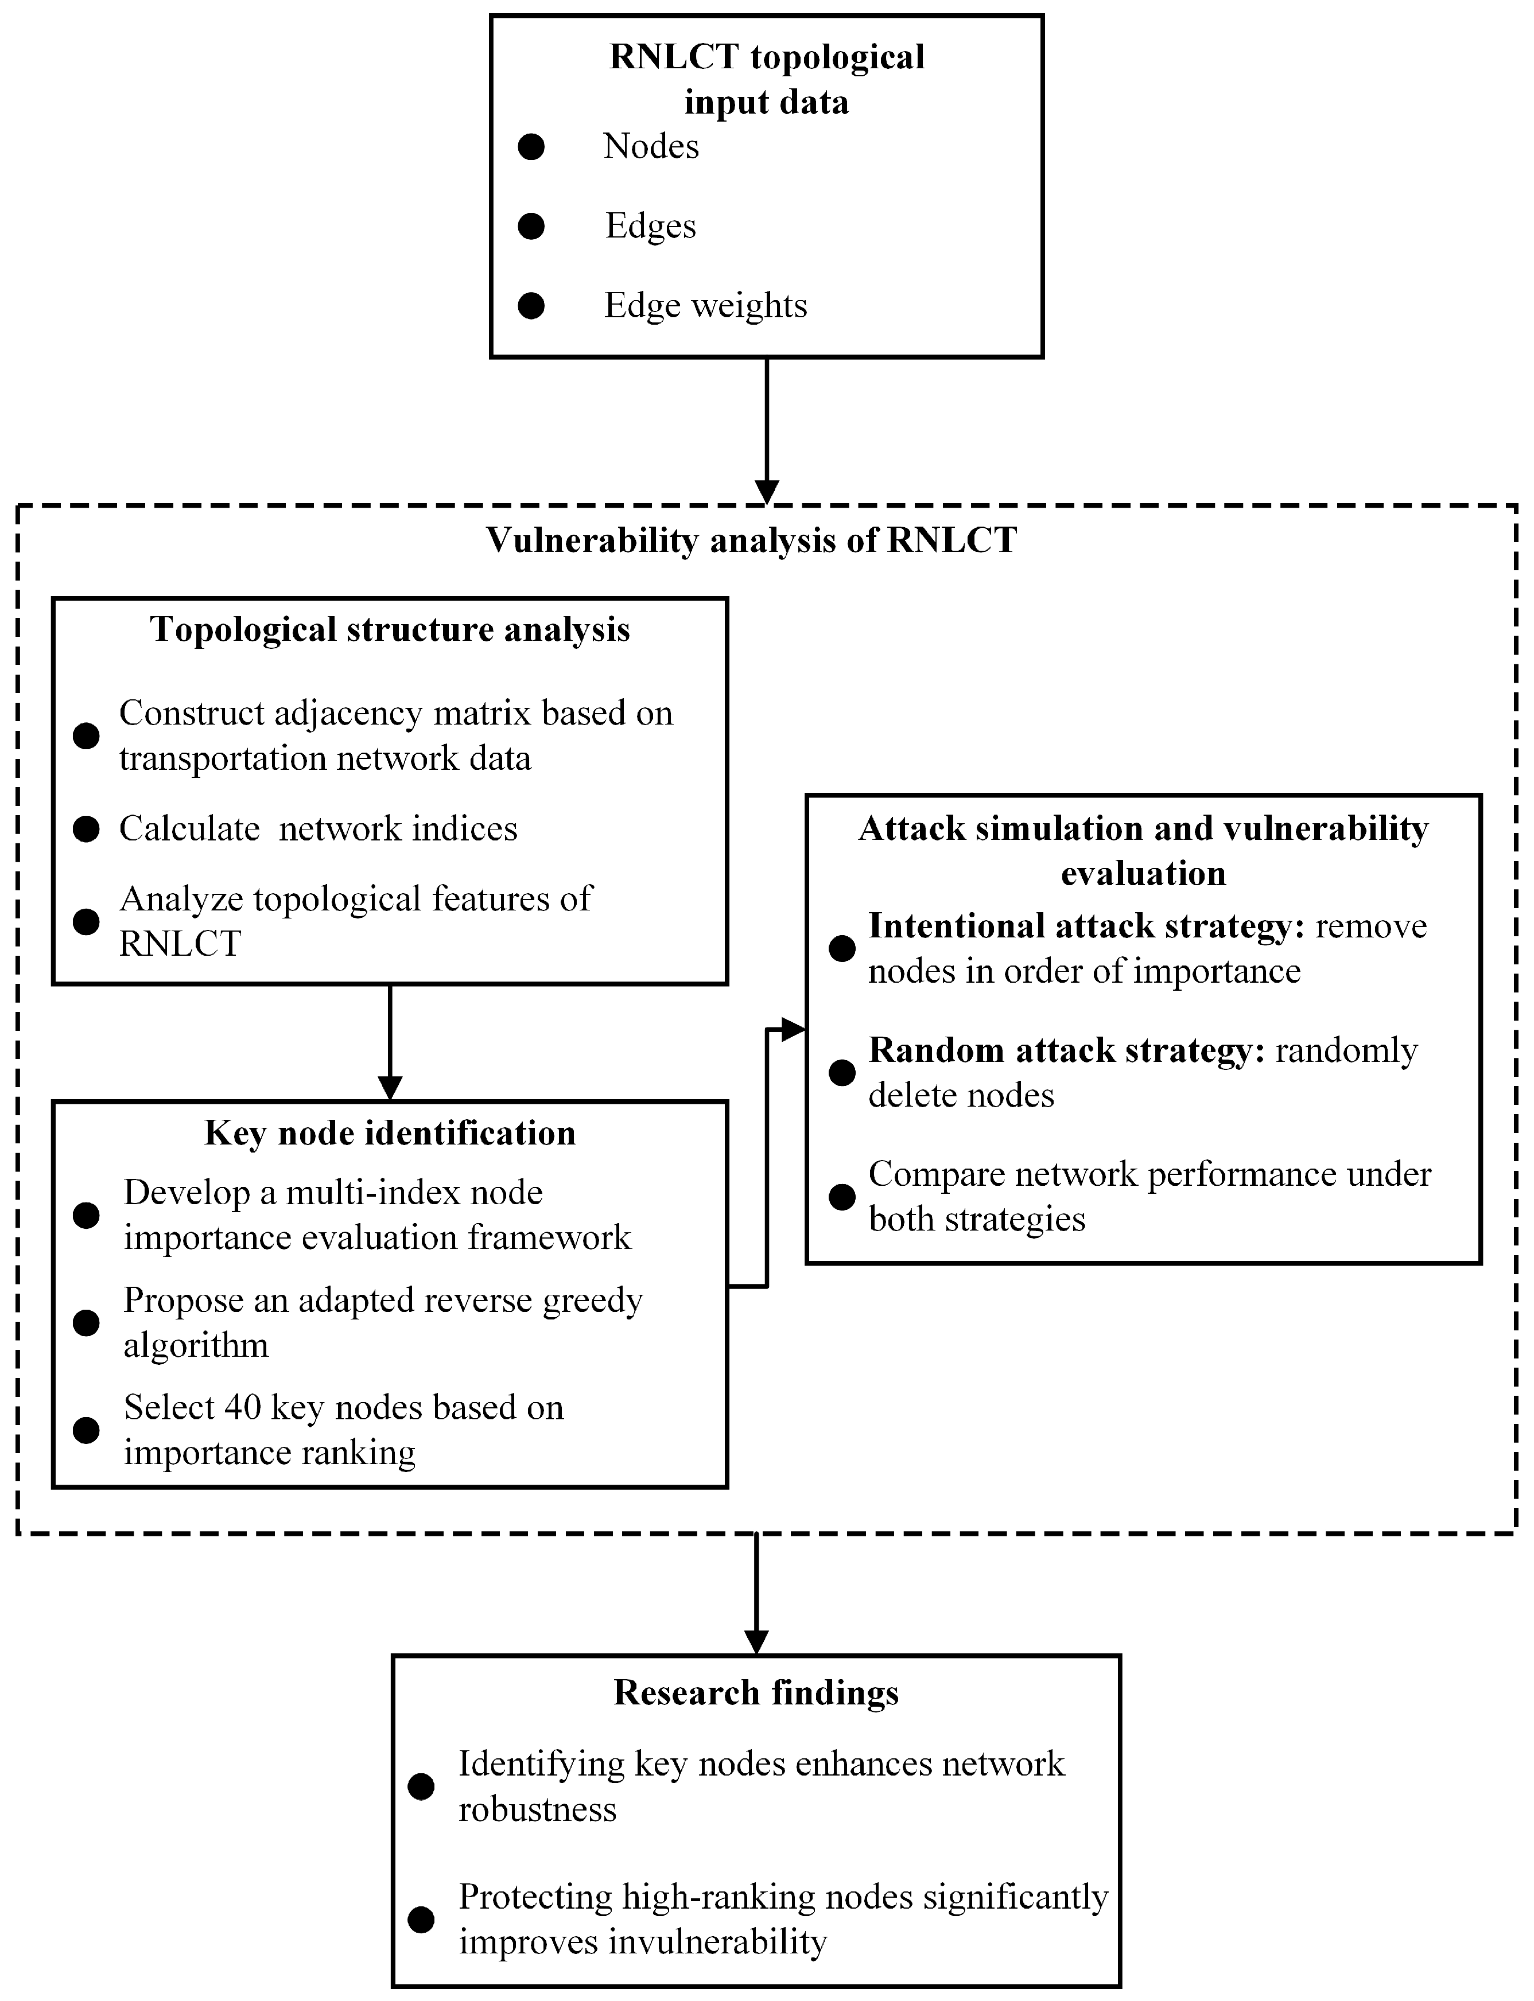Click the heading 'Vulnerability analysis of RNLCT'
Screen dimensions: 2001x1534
click(751, 540)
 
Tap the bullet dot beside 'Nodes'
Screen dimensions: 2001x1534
click(530, 147)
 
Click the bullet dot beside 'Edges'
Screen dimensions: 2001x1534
click(530, 227)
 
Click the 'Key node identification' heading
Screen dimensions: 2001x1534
click(390, 1134)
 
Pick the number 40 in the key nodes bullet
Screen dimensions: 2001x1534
click(243, 1408)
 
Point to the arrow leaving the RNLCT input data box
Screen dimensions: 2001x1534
click(766, 429)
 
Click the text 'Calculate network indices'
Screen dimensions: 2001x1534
click(318, 829)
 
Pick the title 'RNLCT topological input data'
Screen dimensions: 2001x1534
click(766, 79)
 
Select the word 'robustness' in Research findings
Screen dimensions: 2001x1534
click(537, 1809)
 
